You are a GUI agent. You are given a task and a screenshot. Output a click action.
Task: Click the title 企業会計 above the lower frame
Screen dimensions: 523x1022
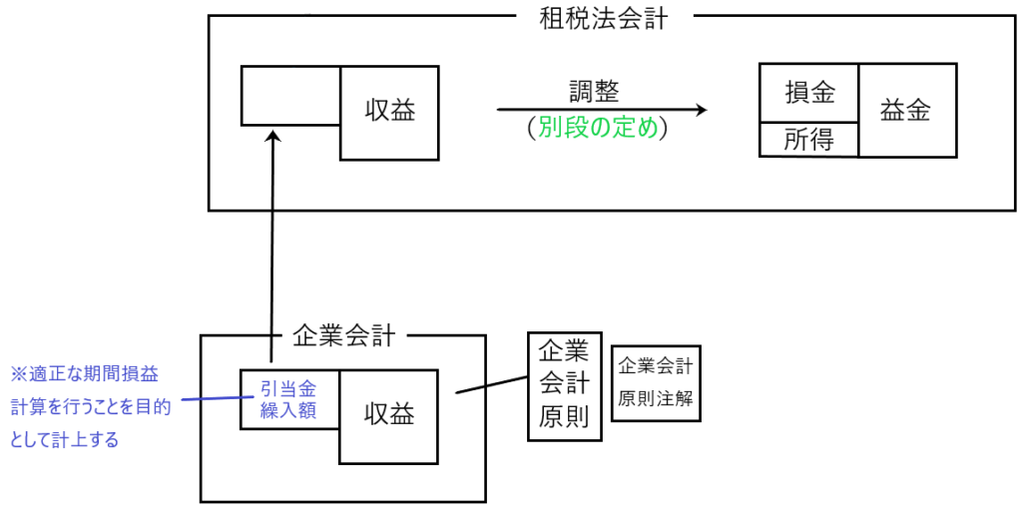(x=343, y=336)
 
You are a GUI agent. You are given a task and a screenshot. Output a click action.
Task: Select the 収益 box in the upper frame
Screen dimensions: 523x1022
(x=389, y=113)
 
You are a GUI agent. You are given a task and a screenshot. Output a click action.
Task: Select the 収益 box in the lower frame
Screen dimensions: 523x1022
(x=388, y=416)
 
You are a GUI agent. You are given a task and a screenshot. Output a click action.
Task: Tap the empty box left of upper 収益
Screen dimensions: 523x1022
(x=290, y=95)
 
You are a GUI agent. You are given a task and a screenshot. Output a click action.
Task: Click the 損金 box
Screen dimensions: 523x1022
(x=809, y=94)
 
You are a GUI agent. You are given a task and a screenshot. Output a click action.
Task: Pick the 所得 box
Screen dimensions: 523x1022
(x=808, y=141)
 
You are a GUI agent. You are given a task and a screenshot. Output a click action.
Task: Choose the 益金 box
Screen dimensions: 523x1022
(x=905, y=111)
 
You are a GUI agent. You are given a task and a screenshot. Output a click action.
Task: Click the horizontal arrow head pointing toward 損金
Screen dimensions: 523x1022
(x=702, y=110)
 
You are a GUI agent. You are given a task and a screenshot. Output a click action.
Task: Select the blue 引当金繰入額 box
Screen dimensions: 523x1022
(x=289, y=399)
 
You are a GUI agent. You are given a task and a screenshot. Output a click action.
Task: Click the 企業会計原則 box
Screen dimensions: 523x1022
(x=565, y=386)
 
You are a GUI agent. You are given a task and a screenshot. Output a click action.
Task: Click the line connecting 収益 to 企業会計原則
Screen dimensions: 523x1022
(x=491, y=385)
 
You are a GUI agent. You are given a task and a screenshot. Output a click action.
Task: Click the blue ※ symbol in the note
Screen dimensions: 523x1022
(x=17, y=374)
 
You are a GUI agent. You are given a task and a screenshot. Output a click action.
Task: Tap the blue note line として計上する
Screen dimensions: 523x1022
(x=65, y=439)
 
